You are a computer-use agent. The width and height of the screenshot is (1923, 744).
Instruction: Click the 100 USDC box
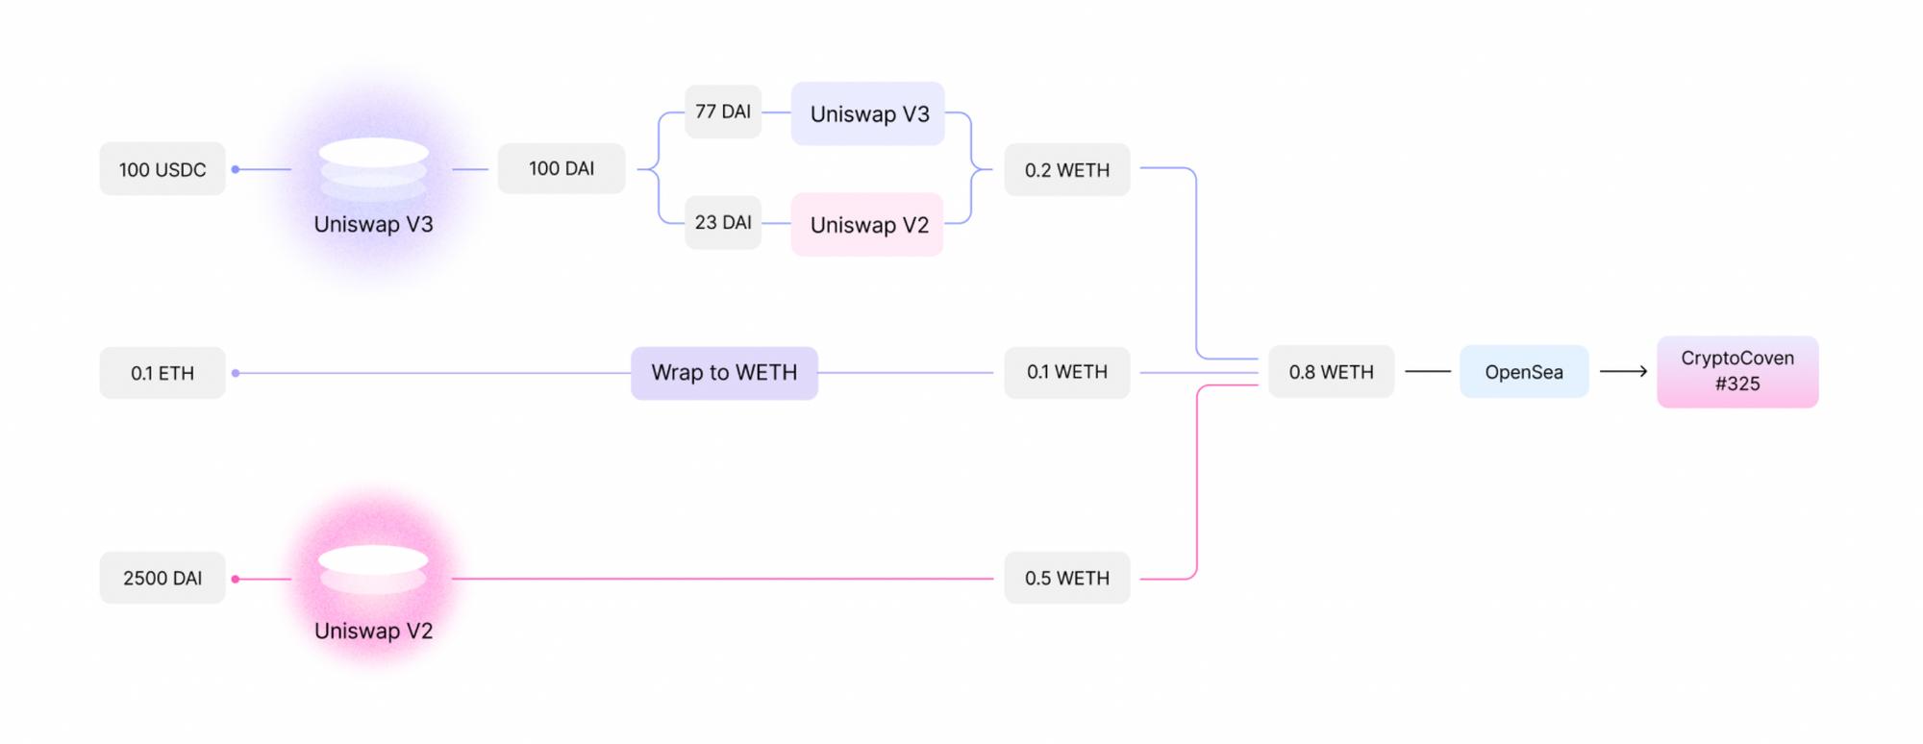(x=162, y=169)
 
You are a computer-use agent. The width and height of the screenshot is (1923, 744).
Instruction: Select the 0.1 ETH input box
(x=162, y=373)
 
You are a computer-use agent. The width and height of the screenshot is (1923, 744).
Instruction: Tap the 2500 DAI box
(x=162, y=578)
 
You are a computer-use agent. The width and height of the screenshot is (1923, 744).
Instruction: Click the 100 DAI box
(x=562, y=168)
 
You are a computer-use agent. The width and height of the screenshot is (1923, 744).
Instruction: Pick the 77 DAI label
(x=723, y=112)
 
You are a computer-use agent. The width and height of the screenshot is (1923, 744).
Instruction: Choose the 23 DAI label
(x=723, y=222)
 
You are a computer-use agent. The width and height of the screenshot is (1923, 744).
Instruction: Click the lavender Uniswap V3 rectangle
(x=868, y=113)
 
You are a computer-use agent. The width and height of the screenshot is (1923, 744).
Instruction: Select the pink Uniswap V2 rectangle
(x=867, y=225)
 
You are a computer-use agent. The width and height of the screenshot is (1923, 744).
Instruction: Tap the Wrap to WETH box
(x=724, y=373)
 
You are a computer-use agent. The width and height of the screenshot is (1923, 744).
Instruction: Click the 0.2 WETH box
(x=1067, y=169)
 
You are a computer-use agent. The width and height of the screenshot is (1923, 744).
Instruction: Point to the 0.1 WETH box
(x=1067, y=372)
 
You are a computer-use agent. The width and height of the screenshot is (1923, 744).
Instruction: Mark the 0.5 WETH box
(x=1067, y=578)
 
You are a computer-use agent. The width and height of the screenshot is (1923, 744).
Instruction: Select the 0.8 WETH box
(x=1331, y=372)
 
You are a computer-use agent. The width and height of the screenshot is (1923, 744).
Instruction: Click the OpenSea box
(x=1524, y=372)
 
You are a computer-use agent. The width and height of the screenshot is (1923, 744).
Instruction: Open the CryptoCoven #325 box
(x=1737, y=371)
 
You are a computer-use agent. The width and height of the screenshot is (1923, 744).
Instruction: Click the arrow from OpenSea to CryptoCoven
(x=1623, y=371)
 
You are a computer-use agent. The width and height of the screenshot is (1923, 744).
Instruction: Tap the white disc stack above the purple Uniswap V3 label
(x=373, y=169)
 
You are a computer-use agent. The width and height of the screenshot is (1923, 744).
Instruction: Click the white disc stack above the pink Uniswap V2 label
(x=373, y=569)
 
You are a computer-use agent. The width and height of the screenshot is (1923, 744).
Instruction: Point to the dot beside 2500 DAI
(x=236, y=579)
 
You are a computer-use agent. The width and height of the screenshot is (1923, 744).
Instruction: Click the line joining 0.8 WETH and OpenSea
(x=1428, y=371)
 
